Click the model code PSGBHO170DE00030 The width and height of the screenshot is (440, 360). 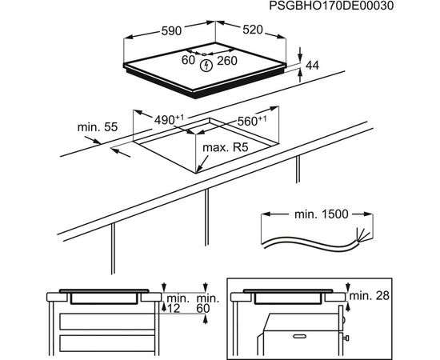click(x=331, y=6)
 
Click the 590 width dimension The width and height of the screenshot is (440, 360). click(x=171, y=30)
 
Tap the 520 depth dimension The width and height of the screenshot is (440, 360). click(x=253, y=30)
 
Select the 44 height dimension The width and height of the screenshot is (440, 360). click(x=312, y=66)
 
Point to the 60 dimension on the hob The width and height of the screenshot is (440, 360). click(x=188, y=60)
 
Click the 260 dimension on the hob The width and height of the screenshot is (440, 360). click(x=227, y=61)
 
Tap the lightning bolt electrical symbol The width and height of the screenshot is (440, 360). click(x=206, y=66)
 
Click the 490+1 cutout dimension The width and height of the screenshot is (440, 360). click(x=169, y=120)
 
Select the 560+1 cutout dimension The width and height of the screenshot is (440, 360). click(x=252, y=121)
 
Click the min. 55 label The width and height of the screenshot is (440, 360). click(x=98, y=127)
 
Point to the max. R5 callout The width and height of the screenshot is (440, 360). click(x=226, y=147)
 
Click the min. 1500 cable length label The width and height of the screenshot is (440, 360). click(x=322, y=214)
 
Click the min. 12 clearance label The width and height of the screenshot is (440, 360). click(x=177, y=303)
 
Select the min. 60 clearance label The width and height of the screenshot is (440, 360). click(x=208, y=303)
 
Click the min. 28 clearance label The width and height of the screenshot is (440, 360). click(x=370, y=295)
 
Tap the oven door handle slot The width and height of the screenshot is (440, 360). click(x=300, y=336)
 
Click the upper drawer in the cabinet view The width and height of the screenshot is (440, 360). click(x=107, y=322)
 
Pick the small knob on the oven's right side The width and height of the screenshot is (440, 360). click(x=346, y=338)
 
